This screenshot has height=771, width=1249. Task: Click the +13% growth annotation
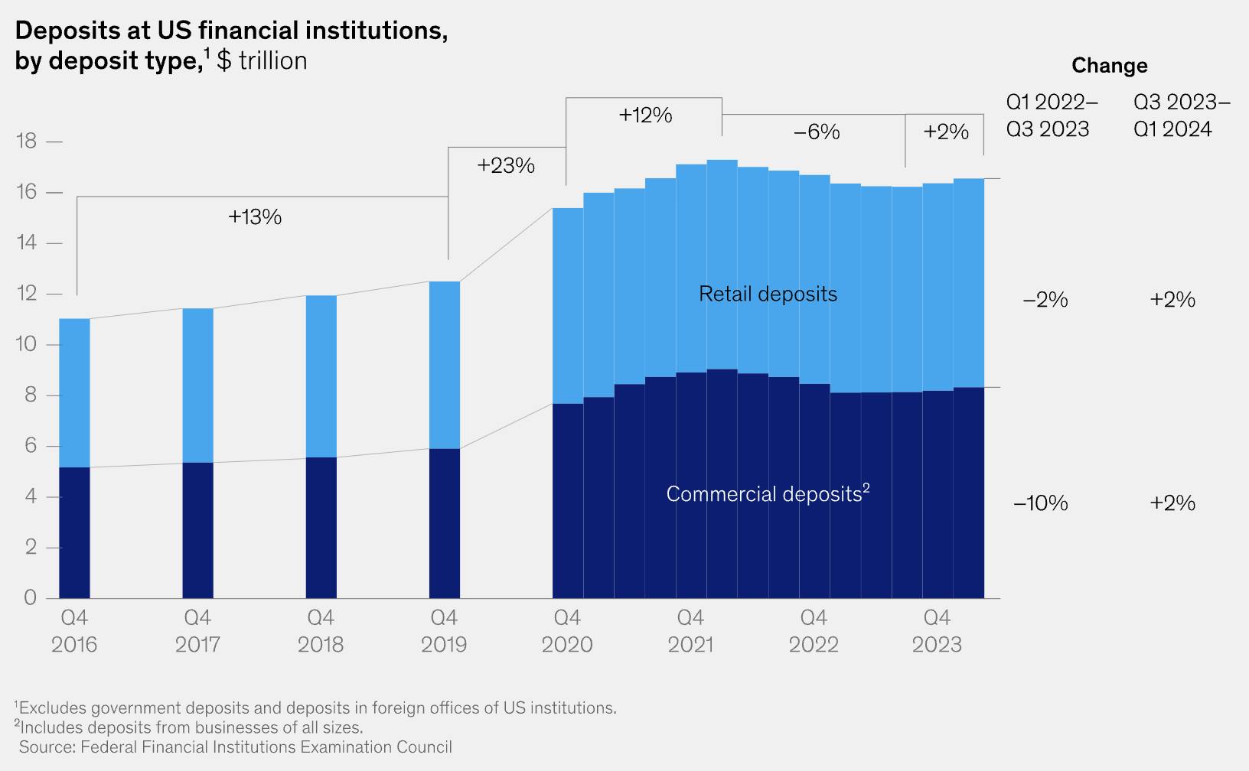click(255, 217)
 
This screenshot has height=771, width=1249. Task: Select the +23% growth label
click(506, 165)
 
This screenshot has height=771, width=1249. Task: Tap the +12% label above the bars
click(645, 115)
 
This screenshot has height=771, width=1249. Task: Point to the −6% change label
click(817, 132)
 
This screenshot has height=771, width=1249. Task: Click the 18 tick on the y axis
click(26, 142)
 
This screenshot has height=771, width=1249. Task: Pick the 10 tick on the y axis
click(26, 345)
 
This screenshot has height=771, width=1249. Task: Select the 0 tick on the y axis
click(29, 597)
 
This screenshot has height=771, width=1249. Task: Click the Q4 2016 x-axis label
click(74, 630)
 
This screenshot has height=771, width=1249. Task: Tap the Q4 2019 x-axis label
click(444, 630)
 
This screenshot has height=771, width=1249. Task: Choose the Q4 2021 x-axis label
click(690, 630)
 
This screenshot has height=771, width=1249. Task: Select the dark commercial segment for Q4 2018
click(321, 528)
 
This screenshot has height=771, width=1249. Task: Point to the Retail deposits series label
click(768, 294)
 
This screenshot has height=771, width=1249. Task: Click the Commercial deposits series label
click(768, 494)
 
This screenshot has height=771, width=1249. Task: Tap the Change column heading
click(1109, 66)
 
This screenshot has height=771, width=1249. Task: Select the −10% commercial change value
click(1040, 503)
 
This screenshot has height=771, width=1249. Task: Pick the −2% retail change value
click(1045, 300)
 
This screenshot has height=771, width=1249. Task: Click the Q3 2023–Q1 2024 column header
click(1182, 115)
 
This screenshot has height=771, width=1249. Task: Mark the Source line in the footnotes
click(235, 747)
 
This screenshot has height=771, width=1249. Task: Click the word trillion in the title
click(272, 61)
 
